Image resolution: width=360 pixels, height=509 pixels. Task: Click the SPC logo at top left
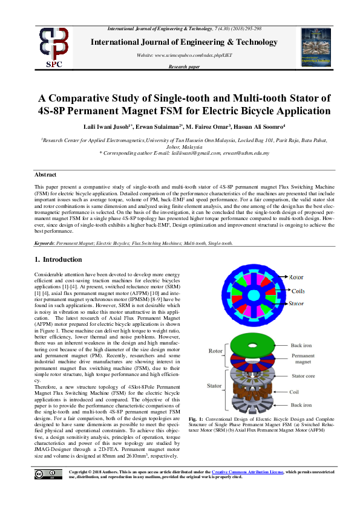pos(54,47)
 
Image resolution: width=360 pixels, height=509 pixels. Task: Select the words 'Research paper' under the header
pos(185,67)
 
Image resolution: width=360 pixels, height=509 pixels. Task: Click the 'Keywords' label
pos(46,243)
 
